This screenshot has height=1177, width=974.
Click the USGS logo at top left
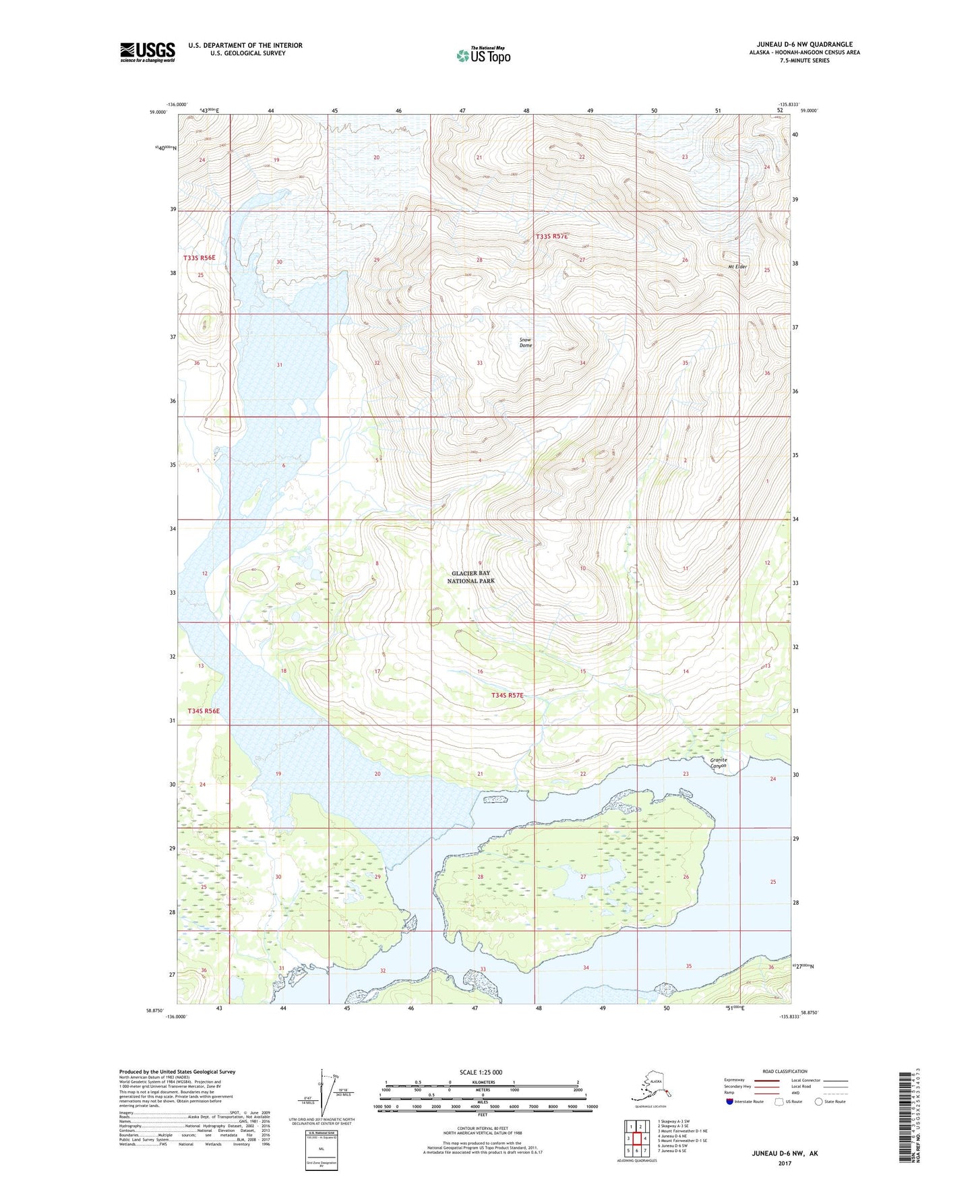click(148, 52)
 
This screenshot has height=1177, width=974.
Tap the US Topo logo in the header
click(483, 55)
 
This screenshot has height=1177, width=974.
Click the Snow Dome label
click(526, 342)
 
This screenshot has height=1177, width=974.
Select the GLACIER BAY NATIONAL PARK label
click(471, 577)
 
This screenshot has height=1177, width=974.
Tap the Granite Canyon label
click(719, 763)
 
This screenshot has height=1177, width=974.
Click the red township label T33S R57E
click(551, 237)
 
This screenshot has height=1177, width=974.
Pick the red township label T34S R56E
click(204, 711)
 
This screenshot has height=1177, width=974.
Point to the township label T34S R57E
click(507, 695)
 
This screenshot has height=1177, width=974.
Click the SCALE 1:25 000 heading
click(481, 1072)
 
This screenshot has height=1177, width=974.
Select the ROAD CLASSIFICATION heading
click(785, 1071)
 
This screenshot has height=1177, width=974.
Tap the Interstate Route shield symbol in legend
click(730, 1101)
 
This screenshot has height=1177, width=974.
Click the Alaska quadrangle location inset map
click(650, 1087)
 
